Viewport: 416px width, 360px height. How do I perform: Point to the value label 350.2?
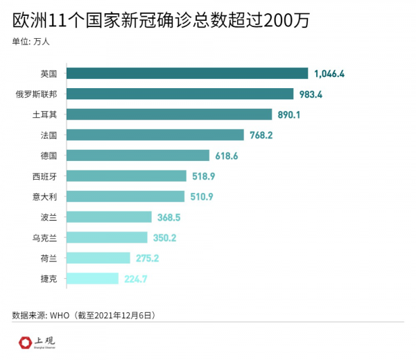(x=165, y=238)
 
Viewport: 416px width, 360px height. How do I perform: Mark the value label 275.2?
(x=148, y=259)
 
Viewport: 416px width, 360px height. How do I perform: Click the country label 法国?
(x=49, y=135)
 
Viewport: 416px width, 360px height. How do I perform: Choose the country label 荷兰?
(x=49, y=259)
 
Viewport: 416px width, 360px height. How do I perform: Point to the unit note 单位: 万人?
(x=31, y=41)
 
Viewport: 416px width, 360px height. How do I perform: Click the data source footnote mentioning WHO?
(x=83, y=315)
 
